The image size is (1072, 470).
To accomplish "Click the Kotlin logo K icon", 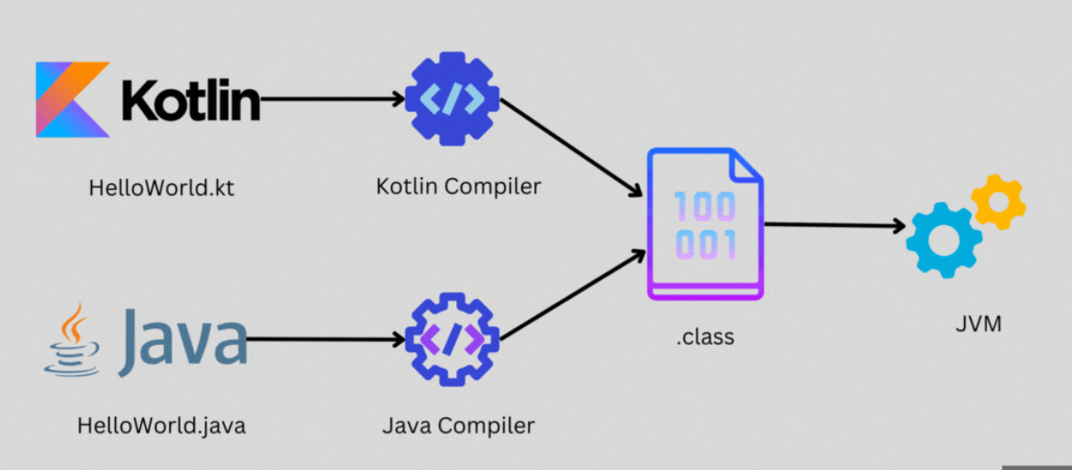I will (x=71, y=99).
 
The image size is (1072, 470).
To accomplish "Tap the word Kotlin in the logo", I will (x=190, y=100).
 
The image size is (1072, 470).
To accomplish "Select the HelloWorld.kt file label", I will (x=161, y=188).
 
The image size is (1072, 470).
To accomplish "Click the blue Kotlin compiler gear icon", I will (x=452, y=98).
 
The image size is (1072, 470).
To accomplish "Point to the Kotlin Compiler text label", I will (x=458, y=187).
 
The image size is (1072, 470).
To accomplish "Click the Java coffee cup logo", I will (x=70, y=340).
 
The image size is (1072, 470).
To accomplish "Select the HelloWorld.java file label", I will (x=161, y=425).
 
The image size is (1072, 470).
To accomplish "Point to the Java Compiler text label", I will (x=458, y=426).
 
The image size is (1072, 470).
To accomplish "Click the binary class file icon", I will (x=705, y=226).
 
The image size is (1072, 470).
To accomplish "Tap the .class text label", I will (x=705, y=337).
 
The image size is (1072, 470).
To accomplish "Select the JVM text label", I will (x=979, y=324).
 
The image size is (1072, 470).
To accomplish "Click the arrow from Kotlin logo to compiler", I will (x=332, y=99).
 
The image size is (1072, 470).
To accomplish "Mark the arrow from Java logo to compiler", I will (x=323, y=339).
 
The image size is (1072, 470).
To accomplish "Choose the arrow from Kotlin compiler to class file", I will (x=571, y=146).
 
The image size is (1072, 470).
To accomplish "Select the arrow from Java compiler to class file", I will (x=571, y=297).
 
